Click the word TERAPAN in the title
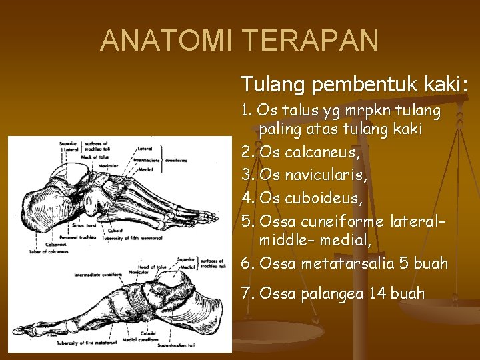coord(311,41)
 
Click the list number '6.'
coord(248,263)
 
